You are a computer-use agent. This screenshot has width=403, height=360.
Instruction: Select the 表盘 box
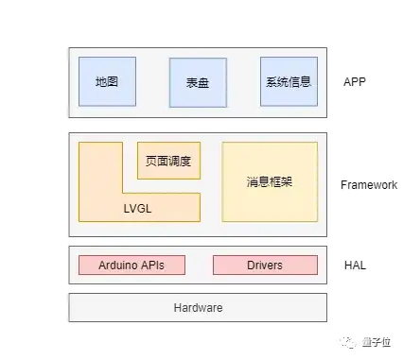198,82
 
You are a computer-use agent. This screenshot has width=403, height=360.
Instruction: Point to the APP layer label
355,82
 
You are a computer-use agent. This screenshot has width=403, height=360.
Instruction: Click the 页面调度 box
168,160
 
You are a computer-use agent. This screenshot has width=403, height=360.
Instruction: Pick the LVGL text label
139,208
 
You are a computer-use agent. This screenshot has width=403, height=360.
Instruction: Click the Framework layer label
368,185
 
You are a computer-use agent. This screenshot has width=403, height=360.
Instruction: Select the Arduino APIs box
131,266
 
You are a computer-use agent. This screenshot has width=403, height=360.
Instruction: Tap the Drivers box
264,266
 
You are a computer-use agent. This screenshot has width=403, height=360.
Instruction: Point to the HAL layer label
355,266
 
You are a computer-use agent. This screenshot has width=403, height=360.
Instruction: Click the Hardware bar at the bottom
198,308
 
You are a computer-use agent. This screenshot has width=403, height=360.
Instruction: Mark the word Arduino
119,266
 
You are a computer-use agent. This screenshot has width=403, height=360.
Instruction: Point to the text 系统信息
288,82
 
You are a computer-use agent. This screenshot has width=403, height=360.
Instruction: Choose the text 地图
107,82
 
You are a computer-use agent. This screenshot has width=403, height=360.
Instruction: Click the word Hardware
198,308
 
